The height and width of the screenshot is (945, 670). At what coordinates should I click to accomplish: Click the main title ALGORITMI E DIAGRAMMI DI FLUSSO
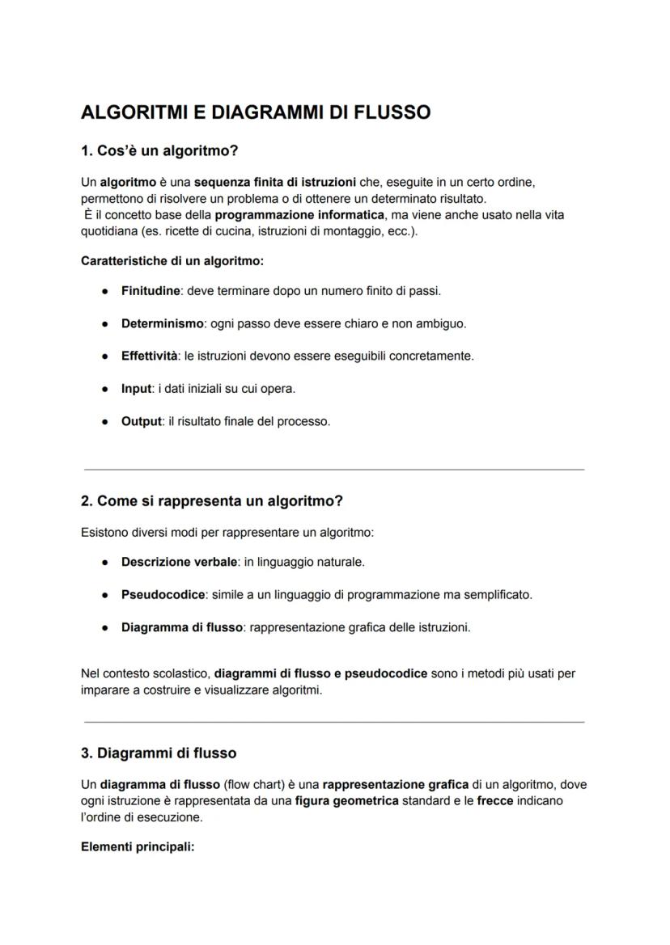pyautogui.click(x=256, y=112)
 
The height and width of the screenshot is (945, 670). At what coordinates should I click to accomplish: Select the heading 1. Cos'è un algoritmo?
pyautogui.click(x=159, y=151)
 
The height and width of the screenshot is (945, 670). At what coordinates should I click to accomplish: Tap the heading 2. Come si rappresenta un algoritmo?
pyautogui.click(x=212, y=501)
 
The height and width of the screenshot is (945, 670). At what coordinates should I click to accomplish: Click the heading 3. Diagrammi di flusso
pyautogui.click(x=159, y=753)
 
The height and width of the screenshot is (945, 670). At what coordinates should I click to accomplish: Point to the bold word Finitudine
pyautogui.click(x=151, y=290)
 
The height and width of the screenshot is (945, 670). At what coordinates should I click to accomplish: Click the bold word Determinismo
pyautogui.click(x=162, y=323)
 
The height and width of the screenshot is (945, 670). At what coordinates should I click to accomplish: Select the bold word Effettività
pyautogui.click(x=149, y=356)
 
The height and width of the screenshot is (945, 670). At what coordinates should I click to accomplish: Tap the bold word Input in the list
pyautogui.click(x=136, y=389)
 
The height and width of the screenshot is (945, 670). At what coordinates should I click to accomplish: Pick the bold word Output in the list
pyautogui.click(x=142, y=421)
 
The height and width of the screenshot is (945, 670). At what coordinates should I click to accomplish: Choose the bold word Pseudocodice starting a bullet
pyautogui.click(x=163, y=595)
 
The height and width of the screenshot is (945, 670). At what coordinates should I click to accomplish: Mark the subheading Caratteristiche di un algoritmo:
pyautogui.click(x=172, y=261)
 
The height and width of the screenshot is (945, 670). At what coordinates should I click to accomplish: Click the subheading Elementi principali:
pyautogui.click(x=138, y=848)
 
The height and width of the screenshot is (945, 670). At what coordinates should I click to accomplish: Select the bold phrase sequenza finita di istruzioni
pyautogui.click(x=274, y=183)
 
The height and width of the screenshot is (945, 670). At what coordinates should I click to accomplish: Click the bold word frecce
pyautogui.click(x=495, y=800)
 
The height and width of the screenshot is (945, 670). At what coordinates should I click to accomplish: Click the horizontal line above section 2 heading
pyautogui.click(x=334, y=469)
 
